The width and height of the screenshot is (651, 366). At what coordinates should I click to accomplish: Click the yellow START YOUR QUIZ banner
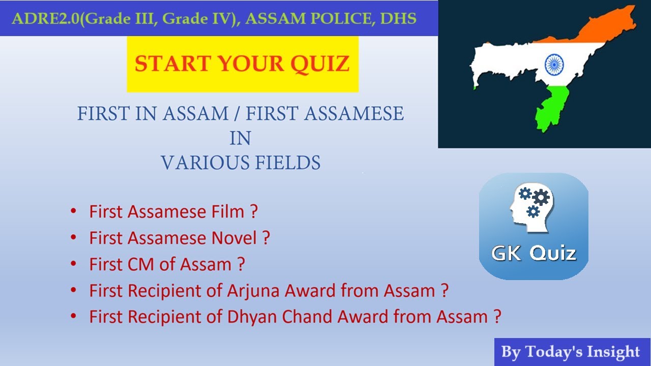tap(243, 64)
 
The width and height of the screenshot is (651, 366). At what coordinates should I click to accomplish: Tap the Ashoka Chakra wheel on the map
tap(554, 65)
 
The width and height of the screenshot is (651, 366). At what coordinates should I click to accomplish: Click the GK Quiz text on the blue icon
tap(534, 253)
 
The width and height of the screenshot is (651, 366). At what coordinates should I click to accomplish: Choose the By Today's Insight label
tap(570, 352)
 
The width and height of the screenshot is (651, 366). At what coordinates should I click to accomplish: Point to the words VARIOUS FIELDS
tap(241, 163)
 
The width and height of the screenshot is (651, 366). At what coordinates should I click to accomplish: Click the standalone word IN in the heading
tap(240, 138)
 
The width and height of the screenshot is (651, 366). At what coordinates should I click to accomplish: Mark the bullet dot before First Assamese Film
tap(74, 210)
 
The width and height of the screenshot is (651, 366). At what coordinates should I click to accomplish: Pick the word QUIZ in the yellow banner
tap(319, 64)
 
